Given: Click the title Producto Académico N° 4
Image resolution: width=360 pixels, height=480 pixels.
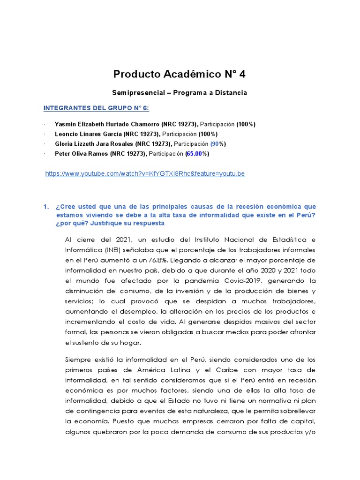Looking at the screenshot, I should click(180, 74).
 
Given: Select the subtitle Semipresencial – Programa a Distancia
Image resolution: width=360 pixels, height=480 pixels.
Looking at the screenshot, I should click(180, 93).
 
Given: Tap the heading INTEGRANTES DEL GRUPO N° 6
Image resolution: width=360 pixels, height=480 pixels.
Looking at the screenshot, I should click(96, 108).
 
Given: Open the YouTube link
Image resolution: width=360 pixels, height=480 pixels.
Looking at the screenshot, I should click(145, 174).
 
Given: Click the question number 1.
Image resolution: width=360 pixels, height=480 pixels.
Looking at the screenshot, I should click(45, 207).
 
